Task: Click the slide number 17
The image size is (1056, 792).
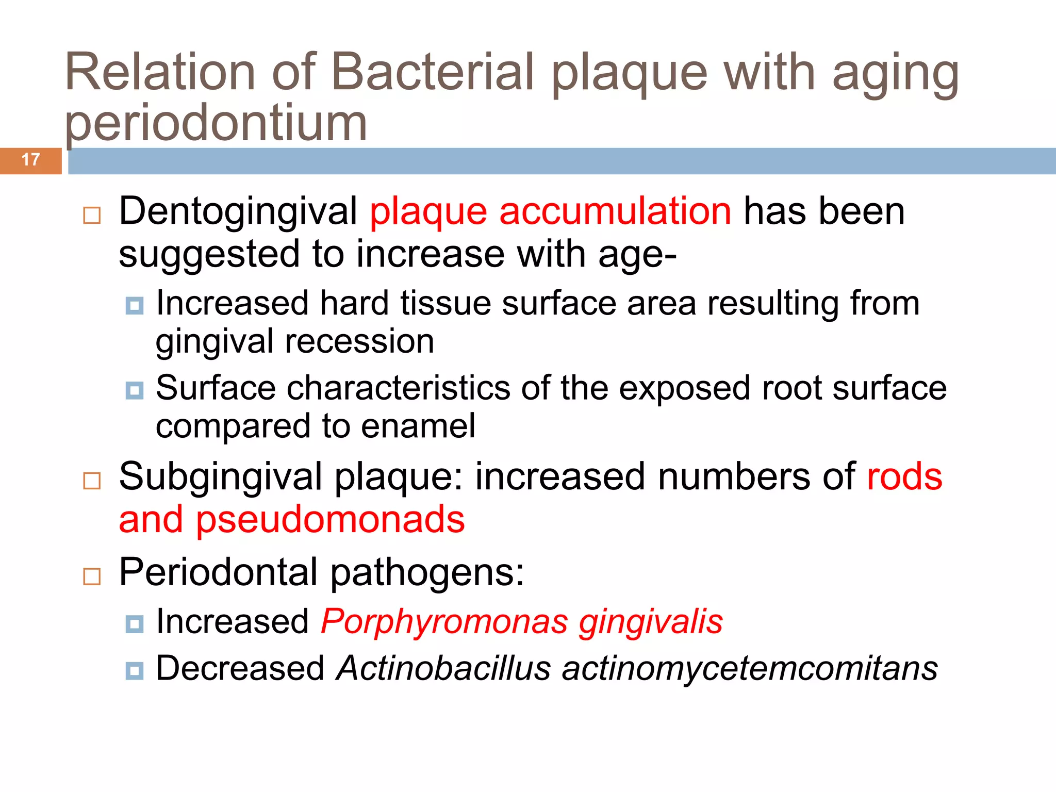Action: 31,160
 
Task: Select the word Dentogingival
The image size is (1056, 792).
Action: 238,211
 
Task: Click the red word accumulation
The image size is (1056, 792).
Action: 615,211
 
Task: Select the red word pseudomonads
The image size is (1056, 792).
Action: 330,519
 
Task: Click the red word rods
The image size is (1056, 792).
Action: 904,476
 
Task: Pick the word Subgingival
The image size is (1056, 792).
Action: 221,476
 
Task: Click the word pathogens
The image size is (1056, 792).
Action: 427,572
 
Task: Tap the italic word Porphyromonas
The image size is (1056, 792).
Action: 444,622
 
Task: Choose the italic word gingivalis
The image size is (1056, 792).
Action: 650,622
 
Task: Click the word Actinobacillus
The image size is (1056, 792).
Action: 443,669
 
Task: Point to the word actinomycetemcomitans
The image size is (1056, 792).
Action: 750,669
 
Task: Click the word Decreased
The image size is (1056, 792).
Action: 240,669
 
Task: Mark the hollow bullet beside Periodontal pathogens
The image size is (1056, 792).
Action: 92,576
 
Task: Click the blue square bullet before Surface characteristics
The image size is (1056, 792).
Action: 135,391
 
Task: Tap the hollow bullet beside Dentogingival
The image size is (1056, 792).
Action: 92,215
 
